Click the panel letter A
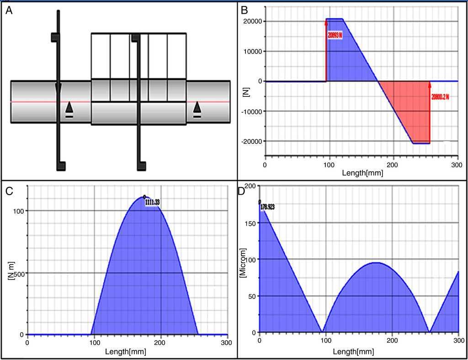coord(9,11)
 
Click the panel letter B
coord(244,10)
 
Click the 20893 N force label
coord(335,35)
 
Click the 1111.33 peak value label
coord(152,201)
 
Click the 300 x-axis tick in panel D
coord(458,340)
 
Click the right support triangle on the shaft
coord(197,108)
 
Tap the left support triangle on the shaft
coord(69,108)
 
